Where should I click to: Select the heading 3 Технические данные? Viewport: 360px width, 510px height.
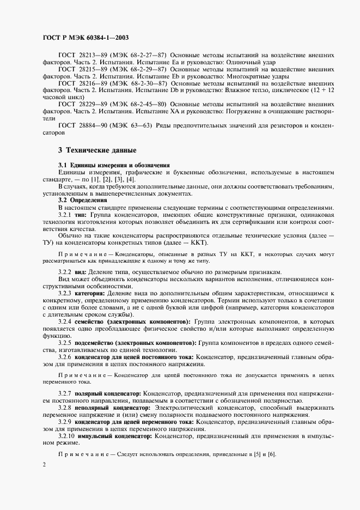coord(97,150)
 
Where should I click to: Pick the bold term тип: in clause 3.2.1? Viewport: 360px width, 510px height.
coord(83,215)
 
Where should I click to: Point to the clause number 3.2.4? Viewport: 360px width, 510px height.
coord(65,322)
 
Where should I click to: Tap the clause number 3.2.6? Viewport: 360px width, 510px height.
coord(65,357)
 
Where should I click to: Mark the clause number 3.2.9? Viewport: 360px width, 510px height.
coord(65,422)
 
